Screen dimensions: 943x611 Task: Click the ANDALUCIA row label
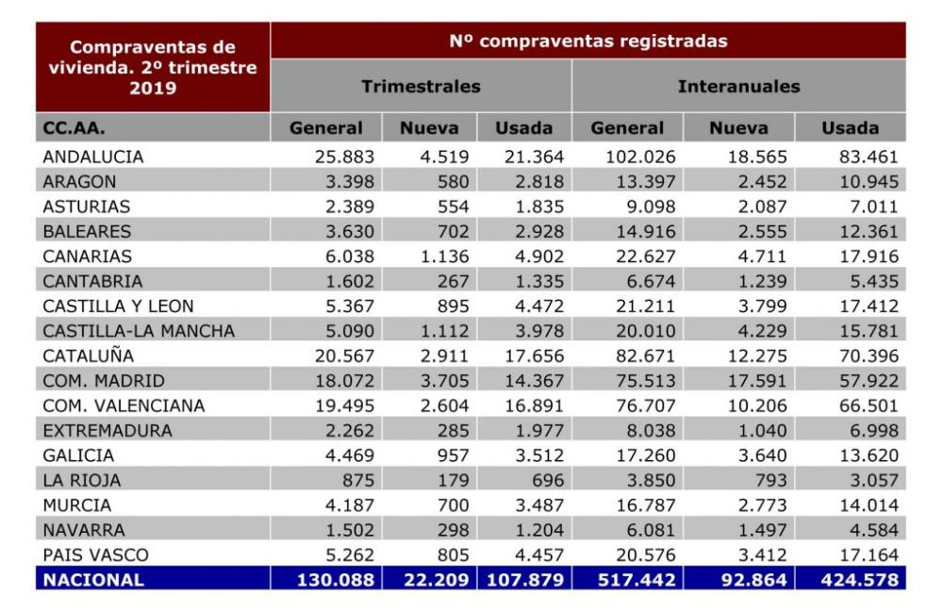(92, 157)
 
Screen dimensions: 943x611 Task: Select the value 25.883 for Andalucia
(344, 157)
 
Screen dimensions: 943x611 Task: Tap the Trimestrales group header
(421, 87)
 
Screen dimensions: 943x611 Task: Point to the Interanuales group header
(738, 87)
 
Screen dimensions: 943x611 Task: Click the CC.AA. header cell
(74, 128)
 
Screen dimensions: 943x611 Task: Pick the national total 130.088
(336, 580)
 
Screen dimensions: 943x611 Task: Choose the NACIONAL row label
(93, 580)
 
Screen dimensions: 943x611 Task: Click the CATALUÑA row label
(88, 355)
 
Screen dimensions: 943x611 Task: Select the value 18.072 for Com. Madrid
(344, 381)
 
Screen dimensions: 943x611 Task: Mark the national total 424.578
(859, 580)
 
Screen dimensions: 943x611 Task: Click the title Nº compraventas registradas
(588, 41)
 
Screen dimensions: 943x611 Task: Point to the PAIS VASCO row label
(95, 555)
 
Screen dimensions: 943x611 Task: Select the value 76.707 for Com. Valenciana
(645, 406)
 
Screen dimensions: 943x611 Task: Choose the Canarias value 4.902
(539, 256)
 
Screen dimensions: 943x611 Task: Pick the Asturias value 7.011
(874, 206)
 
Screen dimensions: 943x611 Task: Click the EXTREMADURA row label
(108, 431)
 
